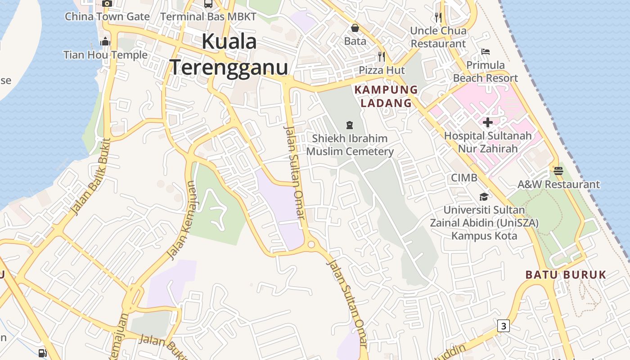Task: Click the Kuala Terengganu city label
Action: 229,55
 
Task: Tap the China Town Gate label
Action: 107,17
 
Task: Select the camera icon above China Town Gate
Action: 107,4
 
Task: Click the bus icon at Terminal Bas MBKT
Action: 208,4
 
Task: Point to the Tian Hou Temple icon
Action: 105,42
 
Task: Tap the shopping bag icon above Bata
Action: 355,28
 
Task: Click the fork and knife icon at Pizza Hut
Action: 382,56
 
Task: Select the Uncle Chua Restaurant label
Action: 438,37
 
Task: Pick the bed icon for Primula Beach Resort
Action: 485,52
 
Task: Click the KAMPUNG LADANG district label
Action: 386,96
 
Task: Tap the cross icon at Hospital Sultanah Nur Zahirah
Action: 487,122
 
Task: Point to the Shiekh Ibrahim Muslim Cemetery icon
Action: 349,125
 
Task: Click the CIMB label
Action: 464,178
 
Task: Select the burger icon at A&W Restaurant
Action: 558,171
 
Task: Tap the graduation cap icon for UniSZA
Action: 484,197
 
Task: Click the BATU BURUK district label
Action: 566,274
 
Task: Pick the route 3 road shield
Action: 504,325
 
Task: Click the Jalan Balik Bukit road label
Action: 90,176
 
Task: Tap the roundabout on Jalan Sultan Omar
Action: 311,245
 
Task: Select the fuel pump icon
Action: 42,353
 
